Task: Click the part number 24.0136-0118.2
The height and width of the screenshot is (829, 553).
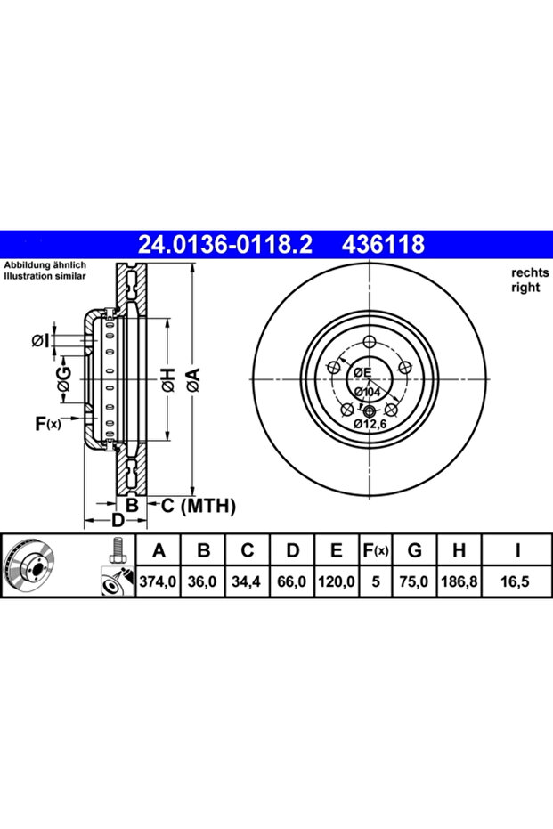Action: pos(225,244)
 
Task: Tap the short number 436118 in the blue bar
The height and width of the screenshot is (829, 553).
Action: pos(384,244)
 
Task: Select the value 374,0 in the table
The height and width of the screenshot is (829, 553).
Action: pos(159,581)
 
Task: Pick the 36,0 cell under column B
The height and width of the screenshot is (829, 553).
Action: pos(202,581)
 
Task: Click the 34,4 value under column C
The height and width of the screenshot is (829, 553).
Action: pos(247,581)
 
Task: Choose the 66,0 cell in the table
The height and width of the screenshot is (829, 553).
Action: pos(292,581)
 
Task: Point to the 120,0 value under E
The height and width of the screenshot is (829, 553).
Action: pos(337,581)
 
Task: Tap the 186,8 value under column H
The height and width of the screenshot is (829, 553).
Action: pos(459,581)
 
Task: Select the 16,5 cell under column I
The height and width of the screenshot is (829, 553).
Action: pos(515,581)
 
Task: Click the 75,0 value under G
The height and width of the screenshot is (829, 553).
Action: pos(414,581)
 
